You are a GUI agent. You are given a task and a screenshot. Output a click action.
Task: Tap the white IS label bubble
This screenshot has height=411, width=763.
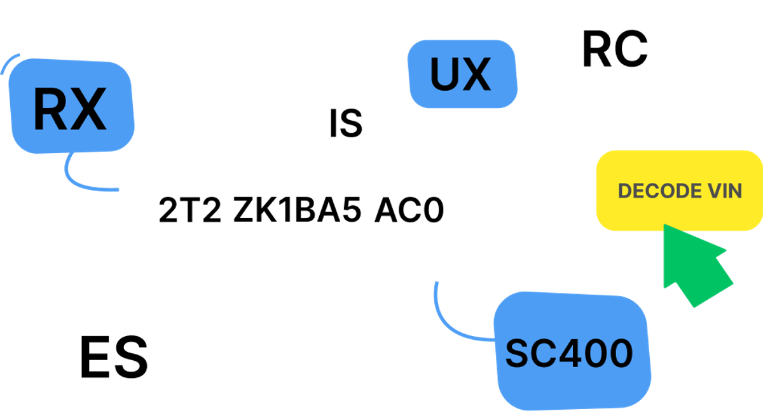tap(346, 121)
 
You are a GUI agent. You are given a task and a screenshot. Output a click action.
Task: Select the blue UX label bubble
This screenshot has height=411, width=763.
tap(461, 74)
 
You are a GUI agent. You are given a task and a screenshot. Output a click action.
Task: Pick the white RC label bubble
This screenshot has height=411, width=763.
tap(614, 49)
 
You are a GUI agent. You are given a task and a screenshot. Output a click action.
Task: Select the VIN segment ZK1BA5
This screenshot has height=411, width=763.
tap(297, 211)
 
